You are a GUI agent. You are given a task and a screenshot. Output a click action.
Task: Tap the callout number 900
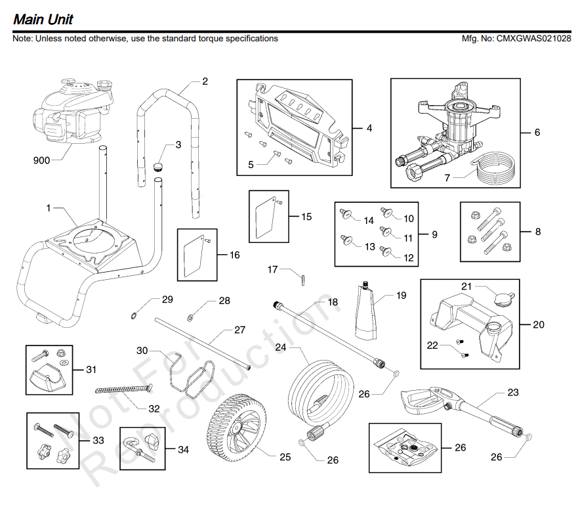coord(41,160)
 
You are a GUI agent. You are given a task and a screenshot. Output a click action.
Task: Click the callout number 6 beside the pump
coord(537,133)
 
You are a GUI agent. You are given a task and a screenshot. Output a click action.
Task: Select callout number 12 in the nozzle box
coord(409,258)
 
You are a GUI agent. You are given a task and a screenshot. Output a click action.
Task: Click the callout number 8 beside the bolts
coord(538,232)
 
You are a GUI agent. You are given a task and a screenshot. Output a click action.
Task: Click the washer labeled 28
coord(190,318)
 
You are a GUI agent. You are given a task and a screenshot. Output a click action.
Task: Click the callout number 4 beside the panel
coord(369,129)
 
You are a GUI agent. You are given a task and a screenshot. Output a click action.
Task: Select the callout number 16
coord(234,255)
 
